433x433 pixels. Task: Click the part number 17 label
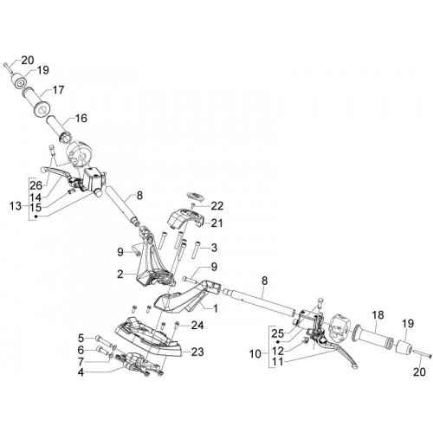58,90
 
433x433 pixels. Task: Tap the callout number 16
81,119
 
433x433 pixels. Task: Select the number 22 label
217,206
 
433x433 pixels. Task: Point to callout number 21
217,223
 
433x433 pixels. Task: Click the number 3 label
214,248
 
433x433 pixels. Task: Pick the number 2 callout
120,274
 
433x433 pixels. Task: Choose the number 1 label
215,308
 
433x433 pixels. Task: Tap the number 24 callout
197,326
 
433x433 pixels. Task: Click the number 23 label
197,352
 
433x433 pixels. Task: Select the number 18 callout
378,315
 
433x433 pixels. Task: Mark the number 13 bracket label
16,206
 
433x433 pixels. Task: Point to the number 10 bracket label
255,354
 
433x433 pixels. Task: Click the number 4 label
81,372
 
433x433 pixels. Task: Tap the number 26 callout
36,185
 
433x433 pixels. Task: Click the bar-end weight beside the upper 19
19,80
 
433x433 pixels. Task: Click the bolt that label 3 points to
196,249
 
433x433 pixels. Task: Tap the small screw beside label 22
193,205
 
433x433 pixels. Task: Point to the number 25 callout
277,333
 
